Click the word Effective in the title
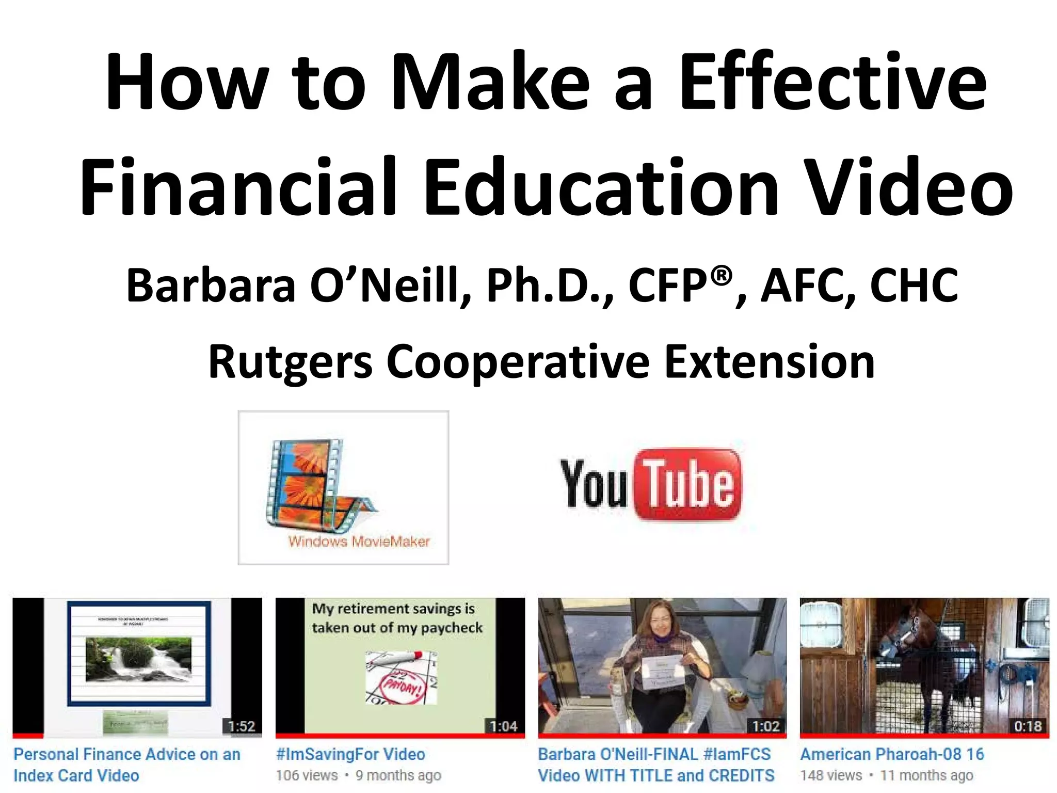(832, 83)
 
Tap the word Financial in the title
(237, 187)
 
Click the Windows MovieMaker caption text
(359, 542)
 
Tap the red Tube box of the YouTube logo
(689, 484)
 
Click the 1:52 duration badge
(242, 726)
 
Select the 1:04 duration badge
(504, 726)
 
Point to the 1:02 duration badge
(766, 726)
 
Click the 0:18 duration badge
(1028, 726)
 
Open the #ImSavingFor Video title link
(351, 754)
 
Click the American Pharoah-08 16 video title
(892, 754)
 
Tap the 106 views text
(307, 775)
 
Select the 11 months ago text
(927, 775)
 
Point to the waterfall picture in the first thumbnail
(138, 658)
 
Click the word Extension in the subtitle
(769, 362)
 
